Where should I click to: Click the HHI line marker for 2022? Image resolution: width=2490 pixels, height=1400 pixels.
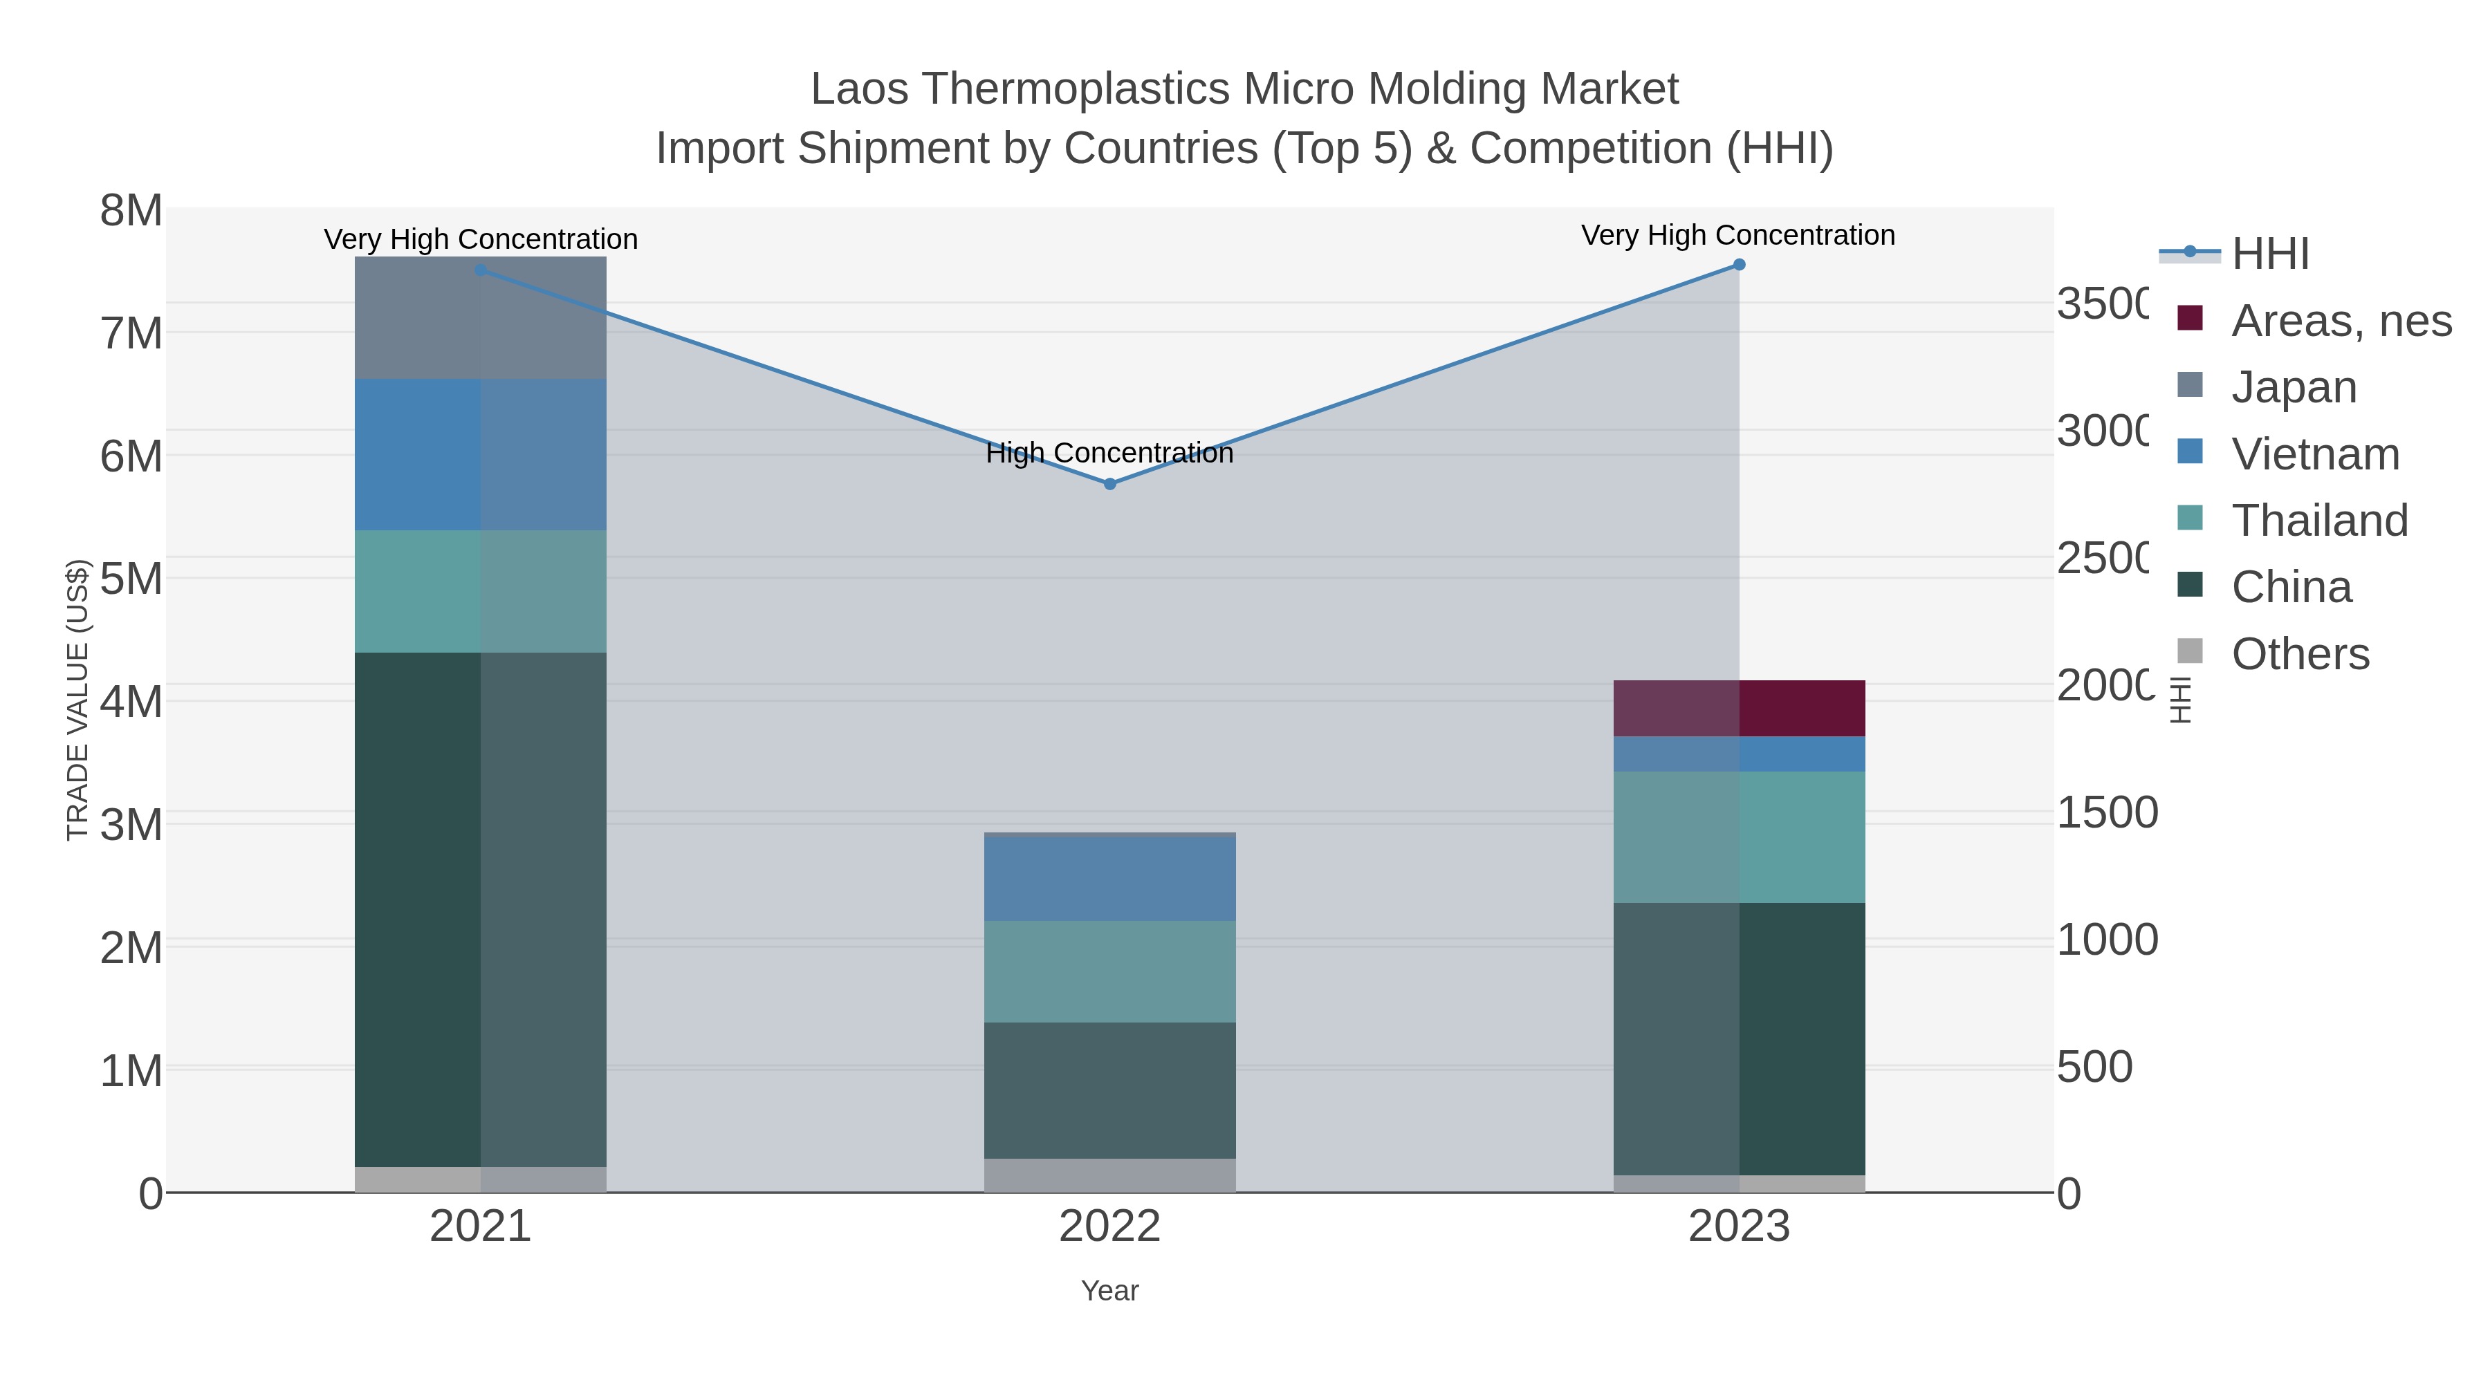pyautogui.click(x=1109, y=484)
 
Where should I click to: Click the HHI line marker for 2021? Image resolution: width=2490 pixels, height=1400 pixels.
pyautogui.click(x=481, y=270)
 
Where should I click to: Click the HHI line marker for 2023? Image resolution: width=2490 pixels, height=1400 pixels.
pyautogui.click(x=1739, y=265)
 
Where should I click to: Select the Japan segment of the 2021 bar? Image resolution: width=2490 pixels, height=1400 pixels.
pyautogui.click(x=481, y=318)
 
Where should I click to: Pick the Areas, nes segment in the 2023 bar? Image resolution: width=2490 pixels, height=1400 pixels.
pyautogui.click(x=1739, y=708)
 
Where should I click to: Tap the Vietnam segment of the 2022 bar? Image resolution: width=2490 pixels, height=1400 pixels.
pyautogui.click(x=1109, y=877)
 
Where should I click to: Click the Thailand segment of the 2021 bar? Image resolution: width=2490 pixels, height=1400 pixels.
pyautogui.click(x=481, y=591)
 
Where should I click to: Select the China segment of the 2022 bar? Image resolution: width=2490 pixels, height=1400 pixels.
pyautogui.click(x=1109, y=1090)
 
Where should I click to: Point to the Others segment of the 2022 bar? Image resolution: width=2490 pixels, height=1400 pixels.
pyautogui.click(x=1109, y=1175)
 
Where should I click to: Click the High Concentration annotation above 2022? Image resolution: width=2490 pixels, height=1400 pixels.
pyautogui.click(x=1109, y=452)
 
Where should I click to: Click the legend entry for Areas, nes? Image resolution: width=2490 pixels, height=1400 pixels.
pyautogui.click(x=2340, y=320)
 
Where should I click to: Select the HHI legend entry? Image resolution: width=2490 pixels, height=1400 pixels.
pyautogui.click(x=2269, y=253)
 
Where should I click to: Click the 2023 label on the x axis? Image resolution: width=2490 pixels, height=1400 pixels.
pyautogui.click(x=1739, y=1226)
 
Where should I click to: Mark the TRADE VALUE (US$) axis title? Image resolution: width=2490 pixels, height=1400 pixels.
pyautogui.click(x=77, y=700)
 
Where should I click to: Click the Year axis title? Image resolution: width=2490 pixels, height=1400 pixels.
pyautogui.click(x=1109, y=1291)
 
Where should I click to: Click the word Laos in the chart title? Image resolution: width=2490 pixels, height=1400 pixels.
pyautogui.click(x=858, y=89)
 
